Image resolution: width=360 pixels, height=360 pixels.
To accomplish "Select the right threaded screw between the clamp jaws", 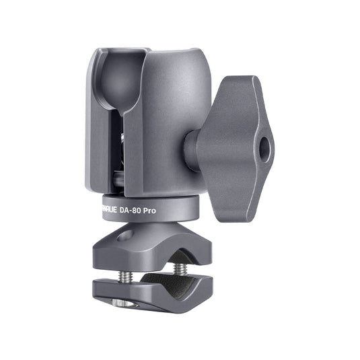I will [180, 269].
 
